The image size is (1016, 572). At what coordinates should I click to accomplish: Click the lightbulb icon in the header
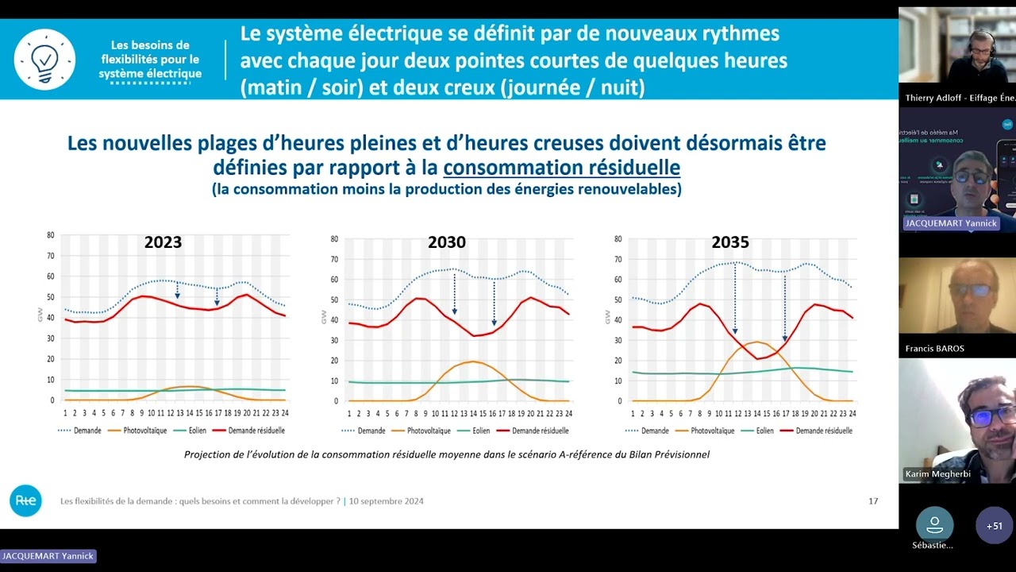pos(44,60)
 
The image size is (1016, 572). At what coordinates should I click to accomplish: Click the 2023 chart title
pos(163,242)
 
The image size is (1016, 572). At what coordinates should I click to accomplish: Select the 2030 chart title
pos(447,242)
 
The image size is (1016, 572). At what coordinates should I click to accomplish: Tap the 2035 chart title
pos(729,242)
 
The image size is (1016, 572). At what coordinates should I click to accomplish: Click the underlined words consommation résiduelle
pos(561,168)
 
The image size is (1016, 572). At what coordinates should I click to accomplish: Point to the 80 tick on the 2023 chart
pos(51,235)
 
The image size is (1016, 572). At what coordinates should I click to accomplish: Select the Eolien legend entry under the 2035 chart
pos(758,431)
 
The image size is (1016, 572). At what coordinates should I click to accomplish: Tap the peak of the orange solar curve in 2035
pos(757,342)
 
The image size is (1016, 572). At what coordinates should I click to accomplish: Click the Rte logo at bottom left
pos(25,500)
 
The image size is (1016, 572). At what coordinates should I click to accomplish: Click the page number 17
pos(873,501)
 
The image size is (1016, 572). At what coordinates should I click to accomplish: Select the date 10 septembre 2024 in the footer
pos(386,501)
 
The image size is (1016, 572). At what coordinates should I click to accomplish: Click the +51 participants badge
pos(994,526)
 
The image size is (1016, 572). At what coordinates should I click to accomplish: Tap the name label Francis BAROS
pos(935,349)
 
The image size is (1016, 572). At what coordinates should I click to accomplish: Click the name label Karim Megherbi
pos(937,474)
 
